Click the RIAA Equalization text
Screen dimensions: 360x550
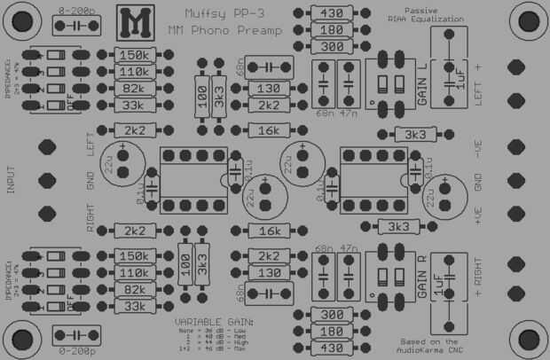(415, 18)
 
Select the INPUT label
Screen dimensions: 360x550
(12, 180)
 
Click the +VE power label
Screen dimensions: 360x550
(479, 215)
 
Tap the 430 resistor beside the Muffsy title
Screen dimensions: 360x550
(331, 13)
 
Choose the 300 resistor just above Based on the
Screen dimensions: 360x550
(331, 315)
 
